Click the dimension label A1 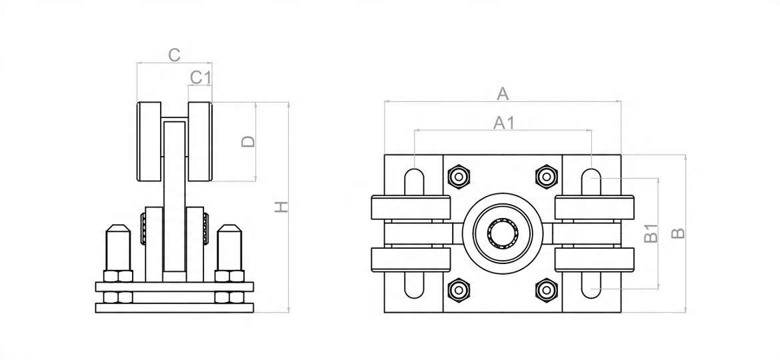[503, 123]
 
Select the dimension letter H [282, 208]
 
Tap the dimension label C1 [201, 77]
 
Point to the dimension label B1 [652, 233]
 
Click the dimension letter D [248, 141]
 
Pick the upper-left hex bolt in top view [459, 177]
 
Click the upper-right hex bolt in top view [547, 177]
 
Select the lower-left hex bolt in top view [459, 290]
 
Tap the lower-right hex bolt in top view [547, 290]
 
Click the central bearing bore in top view [503, 233]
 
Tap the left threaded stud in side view [117, 247]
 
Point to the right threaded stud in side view [228, 247]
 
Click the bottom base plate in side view [175, 308]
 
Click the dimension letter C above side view [174, 55]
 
